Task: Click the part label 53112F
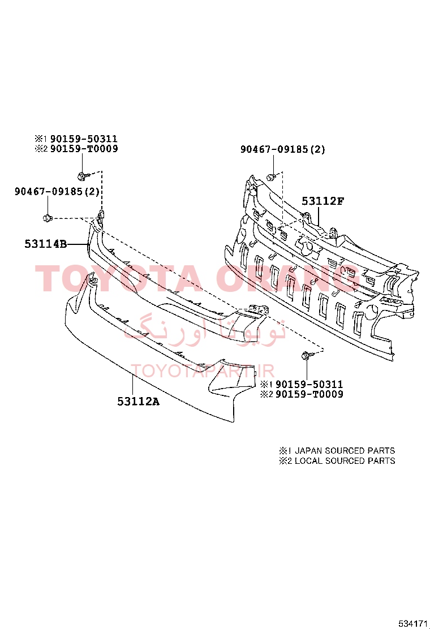click(322, 201)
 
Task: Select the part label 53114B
click(46, 243)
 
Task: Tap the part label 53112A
click(138, 401)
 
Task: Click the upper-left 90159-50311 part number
click(84, 139)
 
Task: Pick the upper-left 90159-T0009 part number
click(84, 149)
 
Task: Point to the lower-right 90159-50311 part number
click(309, 384)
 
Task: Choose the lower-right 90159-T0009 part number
click(309, 394)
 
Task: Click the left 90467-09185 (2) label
click(57, 191)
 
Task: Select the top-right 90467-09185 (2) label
click(283, 149)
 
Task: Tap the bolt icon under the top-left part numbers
click(81, 176)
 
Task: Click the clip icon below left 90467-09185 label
click(48, 218)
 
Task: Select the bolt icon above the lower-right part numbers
click(306, 355)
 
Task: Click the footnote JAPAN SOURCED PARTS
click(345, 450)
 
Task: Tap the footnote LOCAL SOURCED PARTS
click(345, 460)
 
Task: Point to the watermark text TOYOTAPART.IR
click(203, 370)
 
